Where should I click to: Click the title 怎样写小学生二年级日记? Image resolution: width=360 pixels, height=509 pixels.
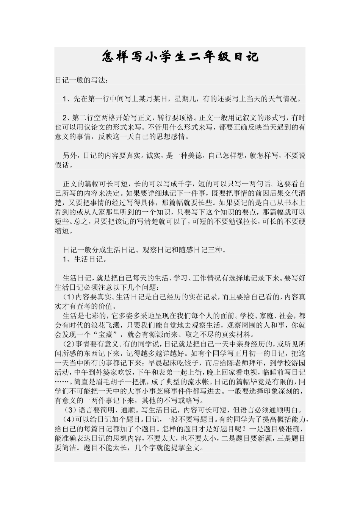(x=180, y=57)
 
